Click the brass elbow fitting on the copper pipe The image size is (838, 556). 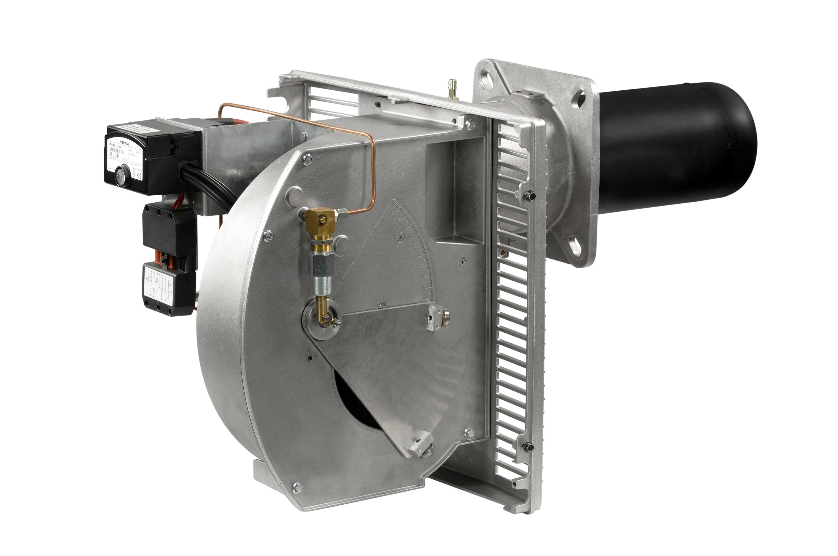click(320, 217)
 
